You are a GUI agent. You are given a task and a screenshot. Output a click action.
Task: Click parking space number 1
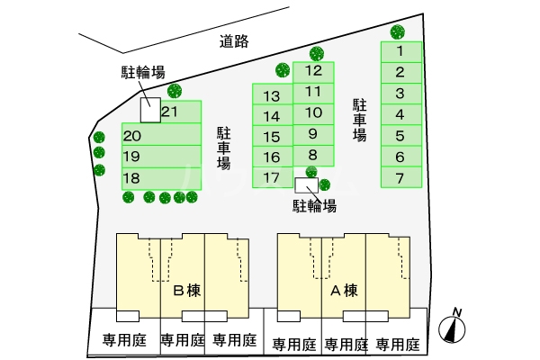[401, 52]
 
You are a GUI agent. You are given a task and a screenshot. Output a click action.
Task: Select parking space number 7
[401, 177]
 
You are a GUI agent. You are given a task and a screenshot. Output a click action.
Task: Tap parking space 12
[313, 72]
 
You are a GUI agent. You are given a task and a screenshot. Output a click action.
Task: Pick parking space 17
[273, 178]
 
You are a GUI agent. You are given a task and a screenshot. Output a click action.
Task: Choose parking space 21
[181, 112]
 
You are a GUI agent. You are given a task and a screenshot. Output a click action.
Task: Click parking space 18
[161, 179]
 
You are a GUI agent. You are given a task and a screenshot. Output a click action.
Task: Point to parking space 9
[313, 135]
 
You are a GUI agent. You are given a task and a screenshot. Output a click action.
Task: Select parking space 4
[401, 114]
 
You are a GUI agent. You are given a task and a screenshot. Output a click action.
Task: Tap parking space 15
[273, 136]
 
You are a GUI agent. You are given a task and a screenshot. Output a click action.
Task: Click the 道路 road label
[234, 41]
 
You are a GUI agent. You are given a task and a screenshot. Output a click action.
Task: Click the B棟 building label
[186, 291]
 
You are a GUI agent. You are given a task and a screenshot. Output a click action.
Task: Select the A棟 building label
[344, 291]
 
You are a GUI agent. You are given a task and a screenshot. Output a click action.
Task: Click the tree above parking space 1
[398, 31]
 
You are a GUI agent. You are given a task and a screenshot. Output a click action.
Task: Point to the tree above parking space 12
[317, 53]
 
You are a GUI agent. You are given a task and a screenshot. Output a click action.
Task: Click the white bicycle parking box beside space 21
[150, 110]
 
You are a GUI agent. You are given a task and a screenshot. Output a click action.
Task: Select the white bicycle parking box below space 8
[307, 185]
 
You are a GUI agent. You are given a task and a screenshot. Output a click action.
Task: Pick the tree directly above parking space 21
[175, 91]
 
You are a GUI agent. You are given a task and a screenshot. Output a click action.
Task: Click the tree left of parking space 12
[283, 70]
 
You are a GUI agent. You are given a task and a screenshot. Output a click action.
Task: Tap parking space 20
[161, 134]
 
